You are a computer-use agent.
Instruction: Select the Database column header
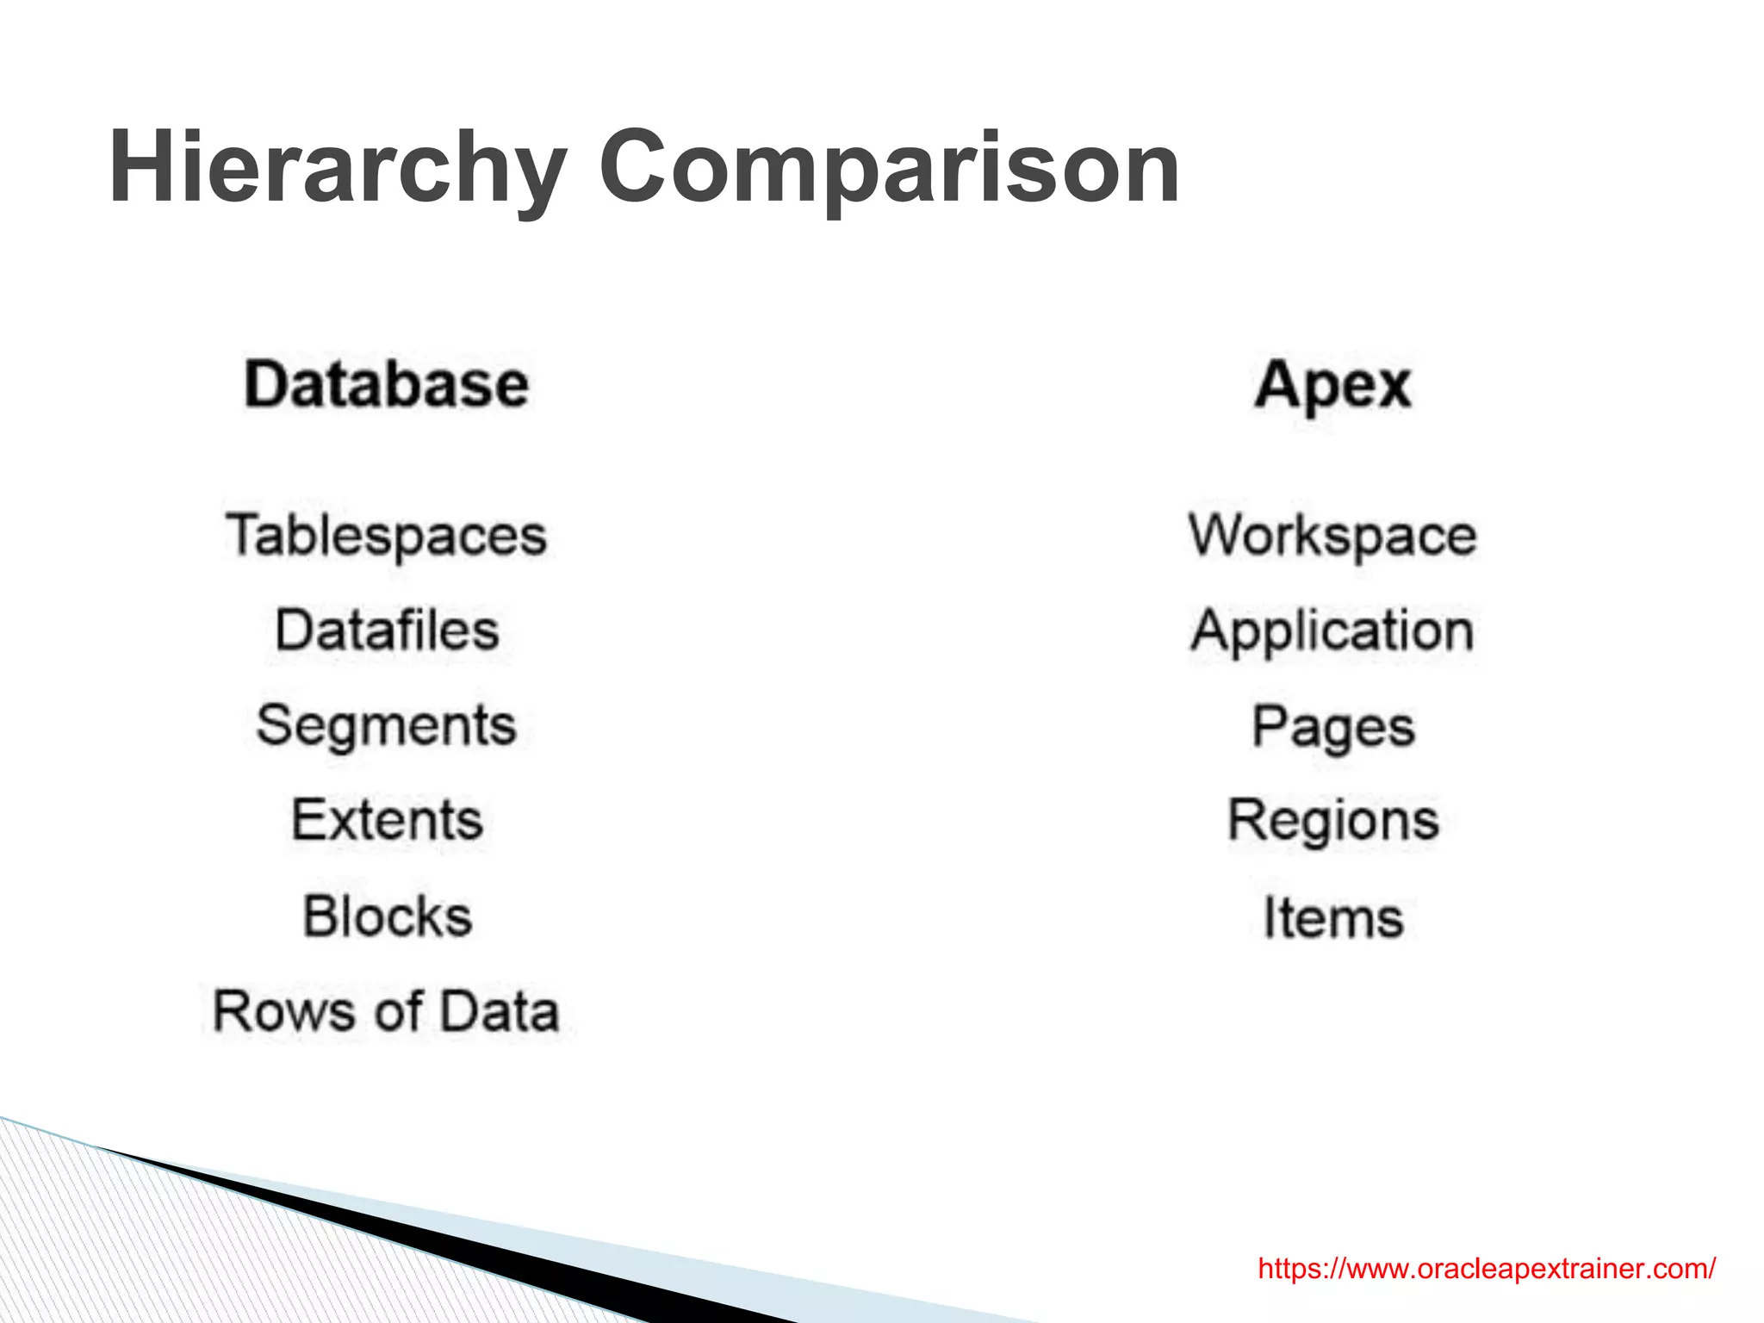(x=387, y=384)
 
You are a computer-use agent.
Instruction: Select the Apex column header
(x=1332, y=385)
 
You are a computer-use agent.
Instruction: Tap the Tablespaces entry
(x=387, y=536)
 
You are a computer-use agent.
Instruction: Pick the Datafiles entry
(x=387, y=630)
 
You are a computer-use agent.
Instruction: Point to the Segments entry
(x=387, y=725)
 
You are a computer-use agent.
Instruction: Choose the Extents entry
(x=387, y=819)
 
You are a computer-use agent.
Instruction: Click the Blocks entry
(x=387, y=916)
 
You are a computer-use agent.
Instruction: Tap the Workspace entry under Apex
(x=1332, y=536)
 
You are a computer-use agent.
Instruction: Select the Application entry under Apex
(x=1332, y=631)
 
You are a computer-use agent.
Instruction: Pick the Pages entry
(x=1332, y=728)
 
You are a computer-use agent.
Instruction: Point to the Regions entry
(x=1332, y=821)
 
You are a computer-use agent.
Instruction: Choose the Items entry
(x=1332, y=917)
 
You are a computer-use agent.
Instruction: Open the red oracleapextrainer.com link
(x=1487, y=1269)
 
